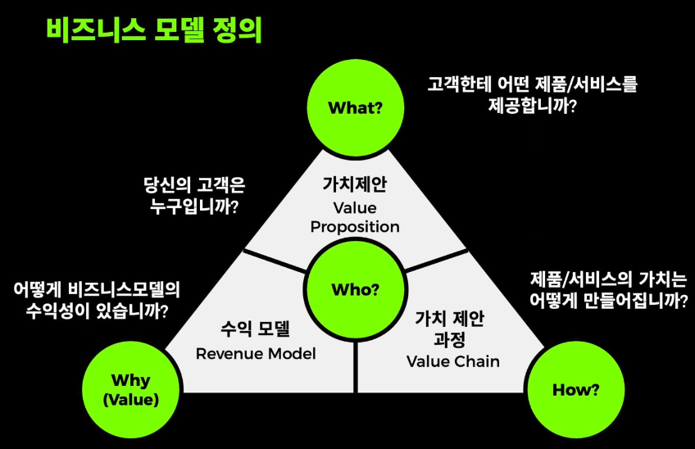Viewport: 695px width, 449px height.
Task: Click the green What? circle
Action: (355, 107)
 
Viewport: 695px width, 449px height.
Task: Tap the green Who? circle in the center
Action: (355, 289)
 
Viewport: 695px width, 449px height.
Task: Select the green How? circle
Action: (572, 390)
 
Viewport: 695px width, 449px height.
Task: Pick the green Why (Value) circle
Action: (131, 390)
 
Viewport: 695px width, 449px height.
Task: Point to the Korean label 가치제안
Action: (355, 184)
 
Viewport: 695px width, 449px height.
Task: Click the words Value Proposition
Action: (355, 215)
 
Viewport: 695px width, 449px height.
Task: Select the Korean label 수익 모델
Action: (256, 330)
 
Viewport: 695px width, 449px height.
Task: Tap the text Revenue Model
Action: (256, 354)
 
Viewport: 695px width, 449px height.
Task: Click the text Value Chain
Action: (453, 361)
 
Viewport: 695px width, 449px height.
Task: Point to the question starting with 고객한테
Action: (533, 94)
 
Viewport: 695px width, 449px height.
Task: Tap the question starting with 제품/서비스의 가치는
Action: (602, 288)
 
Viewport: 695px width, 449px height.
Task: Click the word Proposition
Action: (355, 226)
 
